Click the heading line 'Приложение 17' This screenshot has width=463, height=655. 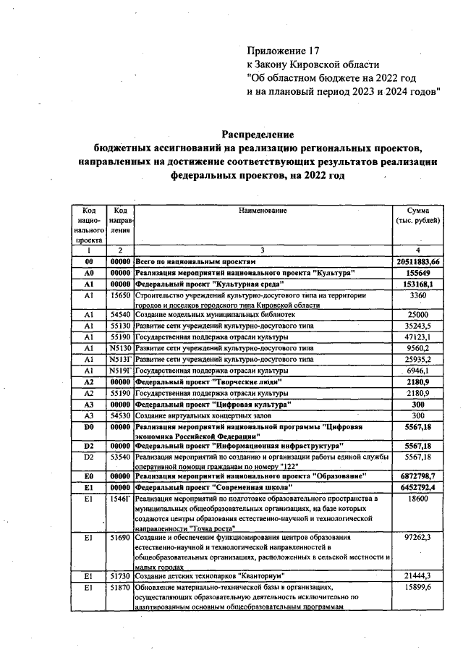tap(283, 51)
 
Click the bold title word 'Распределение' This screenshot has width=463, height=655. tap(258, 135)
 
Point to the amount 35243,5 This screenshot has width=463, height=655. tap(418, 326)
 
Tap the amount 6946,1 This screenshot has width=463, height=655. tap(418, 370)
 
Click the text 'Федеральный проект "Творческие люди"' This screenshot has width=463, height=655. tap(208, 381)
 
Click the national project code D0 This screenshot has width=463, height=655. tap(89, 427)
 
